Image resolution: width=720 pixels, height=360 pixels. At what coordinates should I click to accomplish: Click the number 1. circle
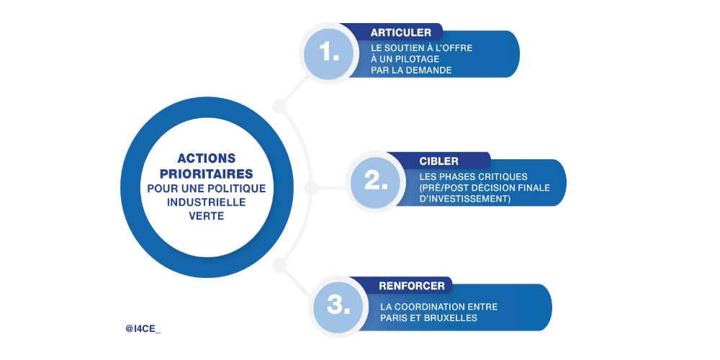[x=329, y=53]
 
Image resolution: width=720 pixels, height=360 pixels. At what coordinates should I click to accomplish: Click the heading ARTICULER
[x=400, y=32]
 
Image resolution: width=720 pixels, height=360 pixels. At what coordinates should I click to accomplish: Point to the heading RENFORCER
[x=411, y=286]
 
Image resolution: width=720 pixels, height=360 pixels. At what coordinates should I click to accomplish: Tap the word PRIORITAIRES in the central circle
[x=207, y=174]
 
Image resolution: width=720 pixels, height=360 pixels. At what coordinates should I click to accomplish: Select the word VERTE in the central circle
[x=207, y=216]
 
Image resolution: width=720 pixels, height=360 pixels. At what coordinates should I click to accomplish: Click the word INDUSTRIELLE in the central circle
[x=207, y=202]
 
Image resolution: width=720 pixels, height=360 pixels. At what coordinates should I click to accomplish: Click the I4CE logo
[x=143, y=328]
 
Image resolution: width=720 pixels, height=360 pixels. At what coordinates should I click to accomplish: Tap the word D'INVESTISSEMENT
[x=465, y=199]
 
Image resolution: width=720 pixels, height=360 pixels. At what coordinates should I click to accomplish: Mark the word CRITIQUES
[x=503, y=176]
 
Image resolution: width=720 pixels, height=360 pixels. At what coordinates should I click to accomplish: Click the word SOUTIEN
[x=412, y=48]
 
